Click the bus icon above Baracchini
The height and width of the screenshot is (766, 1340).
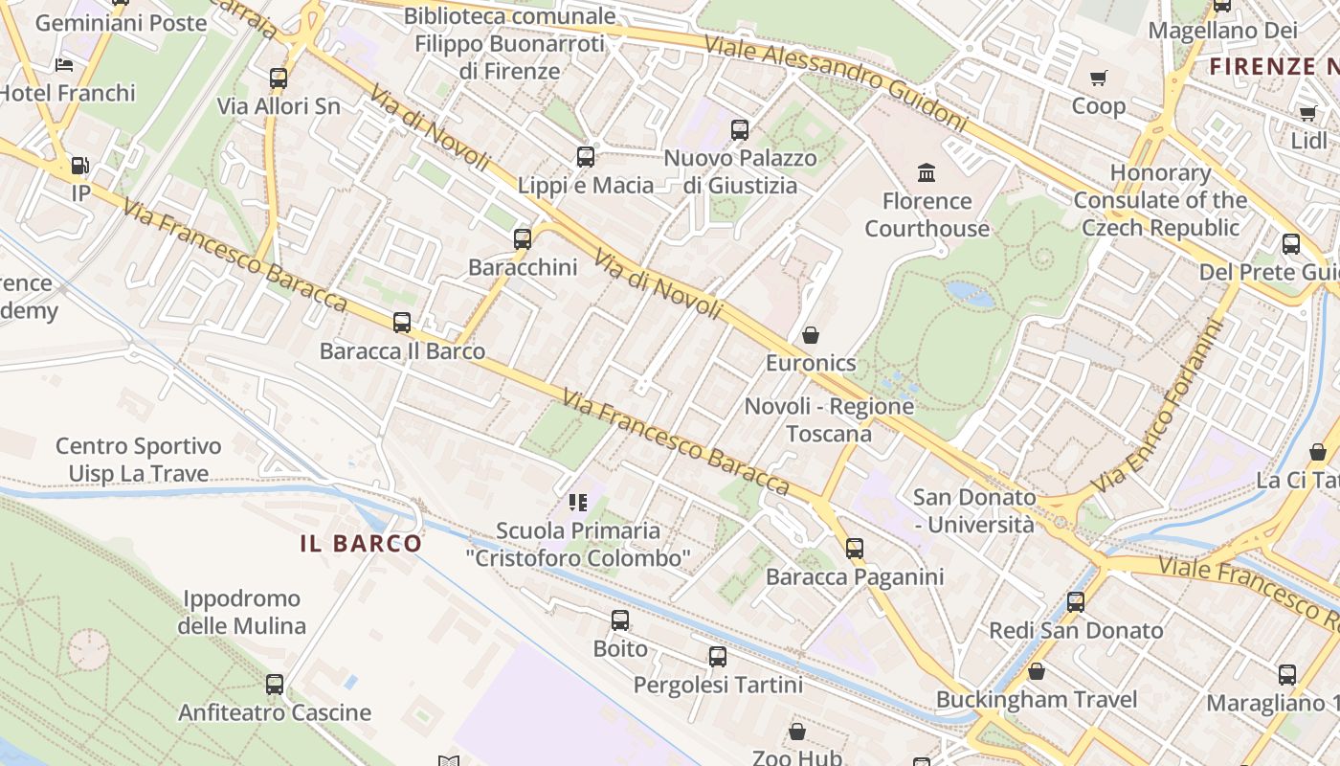click(522, 239)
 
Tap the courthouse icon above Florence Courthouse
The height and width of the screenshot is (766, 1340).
click(927, 173)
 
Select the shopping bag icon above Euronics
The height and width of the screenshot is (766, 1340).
click(811, 335)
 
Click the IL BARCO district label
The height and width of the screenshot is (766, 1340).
click(361, 544)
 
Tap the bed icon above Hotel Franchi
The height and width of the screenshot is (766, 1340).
click(64, 65)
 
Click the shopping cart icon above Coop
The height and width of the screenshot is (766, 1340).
click(1098, 78)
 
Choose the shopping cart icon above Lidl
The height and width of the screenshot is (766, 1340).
click(1307, 113)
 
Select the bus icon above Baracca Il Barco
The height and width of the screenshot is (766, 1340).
click(402, 323)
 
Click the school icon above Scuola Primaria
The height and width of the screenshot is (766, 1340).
click(577, 502)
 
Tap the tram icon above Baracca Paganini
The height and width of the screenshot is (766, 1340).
click(854, 549)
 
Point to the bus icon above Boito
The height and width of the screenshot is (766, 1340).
click(620, 620)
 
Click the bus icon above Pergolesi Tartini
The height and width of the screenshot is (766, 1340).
click(718, 657)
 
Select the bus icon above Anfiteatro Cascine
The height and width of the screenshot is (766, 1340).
click(275, 685)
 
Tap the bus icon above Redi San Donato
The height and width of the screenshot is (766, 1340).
click(1076, 602)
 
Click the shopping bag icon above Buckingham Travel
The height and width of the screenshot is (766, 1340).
click(1036, 671)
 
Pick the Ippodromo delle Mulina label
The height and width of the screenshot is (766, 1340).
click(241, 613)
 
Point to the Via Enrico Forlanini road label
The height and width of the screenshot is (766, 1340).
click(1158, 407)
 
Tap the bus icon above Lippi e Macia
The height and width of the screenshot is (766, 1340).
click(585, 157)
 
